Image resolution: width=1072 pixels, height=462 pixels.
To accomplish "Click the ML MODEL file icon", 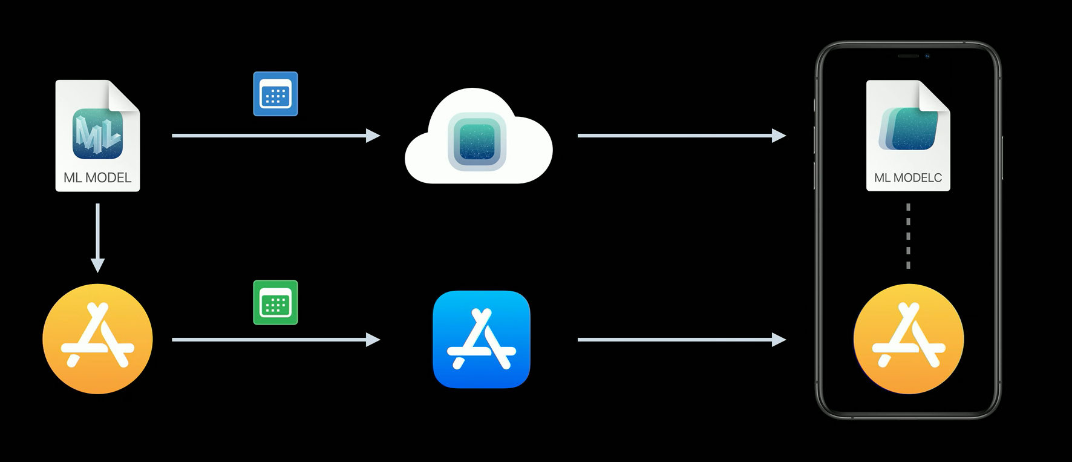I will (x=97, y=134).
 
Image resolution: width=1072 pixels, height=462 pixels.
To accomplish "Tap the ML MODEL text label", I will (x=97, y=178).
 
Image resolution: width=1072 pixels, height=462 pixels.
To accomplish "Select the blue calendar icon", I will (x=275, y=94).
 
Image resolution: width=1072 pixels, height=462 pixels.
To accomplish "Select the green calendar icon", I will (x=275, y=303).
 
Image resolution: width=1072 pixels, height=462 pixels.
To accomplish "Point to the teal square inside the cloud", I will (x=477, y=142).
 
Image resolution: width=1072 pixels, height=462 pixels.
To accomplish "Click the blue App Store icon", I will (x=482, y=339).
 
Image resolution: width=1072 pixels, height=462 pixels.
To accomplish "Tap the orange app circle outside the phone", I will (x=97, y=339).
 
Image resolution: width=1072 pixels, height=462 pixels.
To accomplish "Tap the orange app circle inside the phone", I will (x=908, y=339).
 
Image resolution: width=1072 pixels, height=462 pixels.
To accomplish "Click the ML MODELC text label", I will (x=908, y=178).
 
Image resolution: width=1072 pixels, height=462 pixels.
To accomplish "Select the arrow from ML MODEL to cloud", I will (x=275, y=136).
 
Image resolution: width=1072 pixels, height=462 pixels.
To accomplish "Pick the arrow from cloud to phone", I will (x=681, y=136).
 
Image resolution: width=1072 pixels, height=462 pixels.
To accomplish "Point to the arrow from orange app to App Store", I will (x=275, y=340).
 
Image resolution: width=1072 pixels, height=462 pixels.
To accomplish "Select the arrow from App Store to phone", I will (x=681, y=340).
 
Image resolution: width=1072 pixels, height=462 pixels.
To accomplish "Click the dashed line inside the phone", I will (x=908, y=236).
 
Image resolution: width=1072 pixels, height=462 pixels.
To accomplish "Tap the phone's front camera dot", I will (x=927, y=56).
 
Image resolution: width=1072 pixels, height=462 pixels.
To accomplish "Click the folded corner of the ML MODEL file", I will (x=125, y=96).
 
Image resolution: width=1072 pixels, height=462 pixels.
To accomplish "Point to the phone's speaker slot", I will (x=907, y=56).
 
